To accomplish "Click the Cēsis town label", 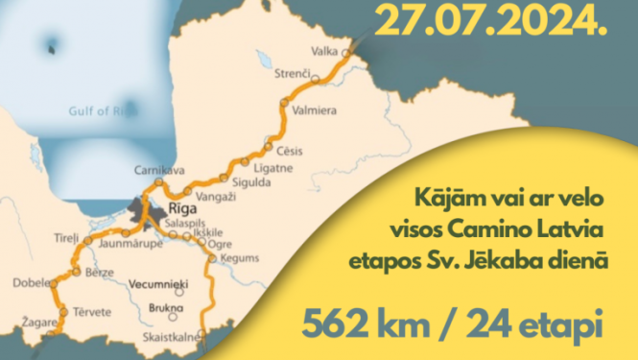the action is point(289,150).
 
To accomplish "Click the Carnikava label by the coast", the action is point(153,167).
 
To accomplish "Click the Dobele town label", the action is point(31,283).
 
